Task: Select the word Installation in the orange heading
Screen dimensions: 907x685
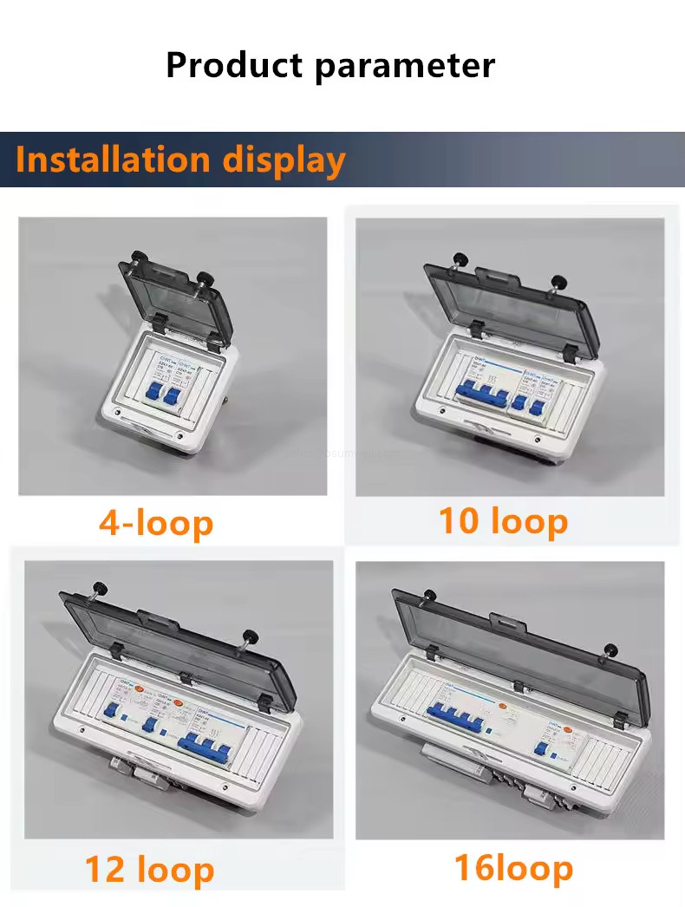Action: click(x=113, y=160)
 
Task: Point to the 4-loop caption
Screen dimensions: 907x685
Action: click(x=156, y=523)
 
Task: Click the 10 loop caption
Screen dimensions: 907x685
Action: click(x=503, y=521)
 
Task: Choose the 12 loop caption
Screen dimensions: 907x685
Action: click(x=149, y=869)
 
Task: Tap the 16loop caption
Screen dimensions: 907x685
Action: click(x=513, y=867)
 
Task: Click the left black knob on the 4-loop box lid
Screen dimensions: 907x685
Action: click(x=136, y=257)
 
